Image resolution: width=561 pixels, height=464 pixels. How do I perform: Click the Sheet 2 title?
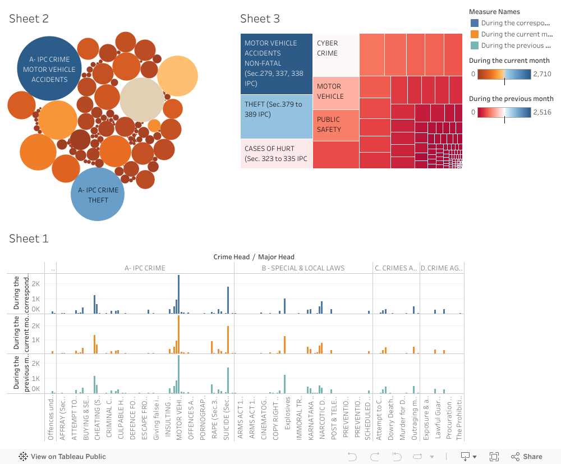pyautogui.click(x=29, y=19)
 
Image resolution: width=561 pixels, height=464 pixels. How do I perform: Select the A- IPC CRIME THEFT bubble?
pyautogui.click(x=98, y=194)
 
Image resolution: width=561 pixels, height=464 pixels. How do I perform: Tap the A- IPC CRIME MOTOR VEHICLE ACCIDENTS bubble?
pyautogui.click(x=49, y=69)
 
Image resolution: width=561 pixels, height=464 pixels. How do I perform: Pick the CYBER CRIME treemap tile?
pyautogui.click(x=335, y=54)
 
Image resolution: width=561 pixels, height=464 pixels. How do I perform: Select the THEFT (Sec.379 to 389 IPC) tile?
pyautogui.click(x=276, y=116)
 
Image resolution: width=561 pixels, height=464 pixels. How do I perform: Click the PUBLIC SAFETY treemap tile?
pyautogui.click(x=335, y=125)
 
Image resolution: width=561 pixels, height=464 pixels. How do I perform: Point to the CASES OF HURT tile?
pyautogui.click(x=276, y=154)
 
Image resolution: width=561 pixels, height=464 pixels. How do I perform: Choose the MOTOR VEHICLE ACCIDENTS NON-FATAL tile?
pyautogui.click(x=276, y=63)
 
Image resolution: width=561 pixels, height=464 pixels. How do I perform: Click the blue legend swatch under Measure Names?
pyautogui.click(x=475, y=23)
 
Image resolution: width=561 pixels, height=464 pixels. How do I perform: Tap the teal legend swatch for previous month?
pyautogui.click(x=475, y=45)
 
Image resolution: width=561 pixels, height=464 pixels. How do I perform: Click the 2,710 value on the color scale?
pyautogui.click(x=542, y=74)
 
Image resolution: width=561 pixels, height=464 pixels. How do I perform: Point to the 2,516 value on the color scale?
pyautogui.click(x=542, y=112)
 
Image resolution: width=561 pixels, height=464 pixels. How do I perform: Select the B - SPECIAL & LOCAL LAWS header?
pyautogui.click(x=303, y=268)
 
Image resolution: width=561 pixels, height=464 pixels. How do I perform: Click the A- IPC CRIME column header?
pyautogui.click(x=145, y=268)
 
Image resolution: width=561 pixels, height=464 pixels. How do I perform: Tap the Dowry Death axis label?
pyautogui.click(x=392, y=418)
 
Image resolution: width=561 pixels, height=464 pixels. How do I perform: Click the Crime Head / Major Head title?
pyautogui.click(x=254, y=257)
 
